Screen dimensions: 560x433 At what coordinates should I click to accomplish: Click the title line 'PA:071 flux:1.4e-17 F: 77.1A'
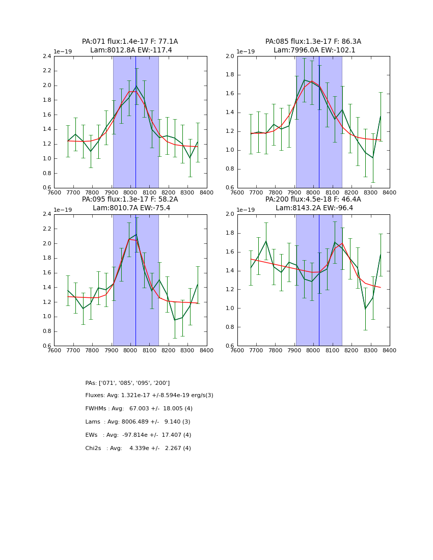pyautogui.click(x=130, y=42)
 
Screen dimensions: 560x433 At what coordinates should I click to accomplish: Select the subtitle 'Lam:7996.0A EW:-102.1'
pyautogui.click(x=313, y=50)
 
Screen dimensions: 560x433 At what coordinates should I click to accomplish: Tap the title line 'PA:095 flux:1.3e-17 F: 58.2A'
pyautogui.click(x=130, y=200)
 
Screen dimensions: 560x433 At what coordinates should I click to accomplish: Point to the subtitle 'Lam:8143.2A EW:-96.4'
pyautogui.click(x=313, y=208)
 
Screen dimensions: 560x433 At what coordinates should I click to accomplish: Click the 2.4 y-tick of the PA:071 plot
pyautogui.click(x=46, y=56)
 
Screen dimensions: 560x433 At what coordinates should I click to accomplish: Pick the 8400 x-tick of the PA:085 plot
pyautogui.click(x=390, y=192)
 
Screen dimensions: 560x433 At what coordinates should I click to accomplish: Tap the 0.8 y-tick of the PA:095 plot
pyautogui.click(x=46, y=331)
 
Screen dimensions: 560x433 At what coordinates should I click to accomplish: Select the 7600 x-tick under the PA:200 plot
pyautogui.click(x=237, y=350)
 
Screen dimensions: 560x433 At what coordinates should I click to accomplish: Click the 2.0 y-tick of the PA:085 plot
pyautogui.click(x=230, y=56)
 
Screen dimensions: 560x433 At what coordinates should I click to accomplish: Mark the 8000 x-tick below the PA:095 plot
pyautogui.click(x=130, y=350)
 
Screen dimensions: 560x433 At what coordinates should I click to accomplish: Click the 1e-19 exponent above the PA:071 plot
pyautogui.click(x=63, y=52)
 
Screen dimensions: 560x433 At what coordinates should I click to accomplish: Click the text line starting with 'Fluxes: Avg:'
pyautogui.click(x=149, y=396)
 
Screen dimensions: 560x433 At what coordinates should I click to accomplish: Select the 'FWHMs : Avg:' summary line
pyautogui.click(x=139, y=409)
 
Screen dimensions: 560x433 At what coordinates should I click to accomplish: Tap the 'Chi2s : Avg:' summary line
pyautogui.click(x=138, y=449)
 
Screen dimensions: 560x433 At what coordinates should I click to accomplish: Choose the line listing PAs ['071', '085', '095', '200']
pyautogui.click(x=127, y=383)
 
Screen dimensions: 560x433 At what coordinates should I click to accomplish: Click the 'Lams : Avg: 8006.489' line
pyautogui.click(x=138, y=422)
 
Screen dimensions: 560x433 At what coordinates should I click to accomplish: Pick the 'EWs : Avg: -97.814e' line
pyautogui.click(x=138, y=435)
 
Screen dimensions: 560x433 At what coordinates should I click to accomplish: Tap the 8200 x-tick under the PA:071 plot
pyautogui.click(x=169, y=192)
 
